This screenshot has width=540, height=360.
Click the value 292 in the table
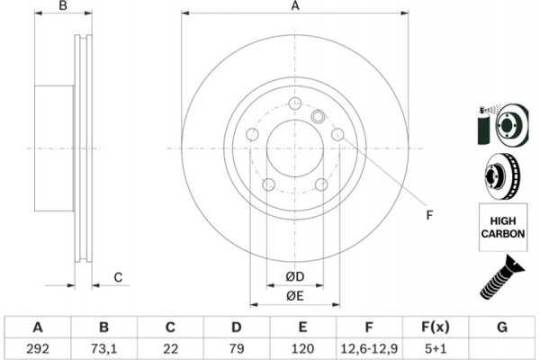(x=38, y=346)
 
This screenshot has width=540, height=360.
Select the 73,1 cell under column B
(x=104, y=346)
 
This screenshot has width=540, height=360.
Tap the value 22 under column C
(x=170, y=346)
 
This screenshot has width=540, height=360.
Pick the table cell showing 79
(x=237, y=346)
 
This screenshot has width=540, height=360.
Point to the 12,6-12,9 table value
(x=369, y=346)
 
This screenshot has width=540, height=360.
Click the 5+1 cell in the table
(x=435, y=346)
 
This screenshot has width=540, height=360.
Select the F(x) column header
(x=435, y=326)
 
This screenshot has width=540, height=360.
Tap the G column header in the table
(x=500, y=326)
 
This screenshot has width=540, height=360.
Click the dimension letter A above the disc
(x=294, y=7)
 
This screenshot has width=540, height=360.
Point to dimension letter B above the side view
(x=63, y=7)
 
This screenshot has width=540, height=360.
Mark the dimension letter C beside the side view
(x=118, y=278)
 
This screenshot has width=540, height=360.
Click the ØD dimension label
(x=294, y=276)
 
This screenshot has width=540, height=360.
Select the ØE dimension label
(x=294, y=296)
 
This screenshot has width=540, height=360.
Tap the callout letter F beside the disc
(x=429, y=214)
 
